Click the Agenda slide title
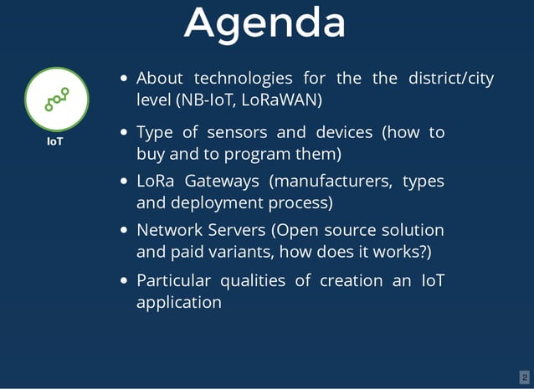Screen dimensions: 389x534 point(265,23)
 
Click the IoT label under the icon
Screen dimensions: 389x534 point(55,141)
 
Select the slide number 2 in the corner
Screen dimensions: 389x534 point(524,377)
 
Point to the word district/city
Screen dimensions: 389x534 point(450,79)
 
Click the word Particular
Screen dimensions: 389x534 point(173,280)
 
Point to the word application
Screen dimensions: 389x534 point(179,302)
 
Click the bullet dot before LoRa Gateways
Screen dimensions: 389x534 point(124,182)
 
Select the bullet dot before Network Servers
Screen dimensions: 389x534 point(124,231)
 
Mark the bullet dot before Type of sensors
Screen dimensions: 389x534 point(124,133)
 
